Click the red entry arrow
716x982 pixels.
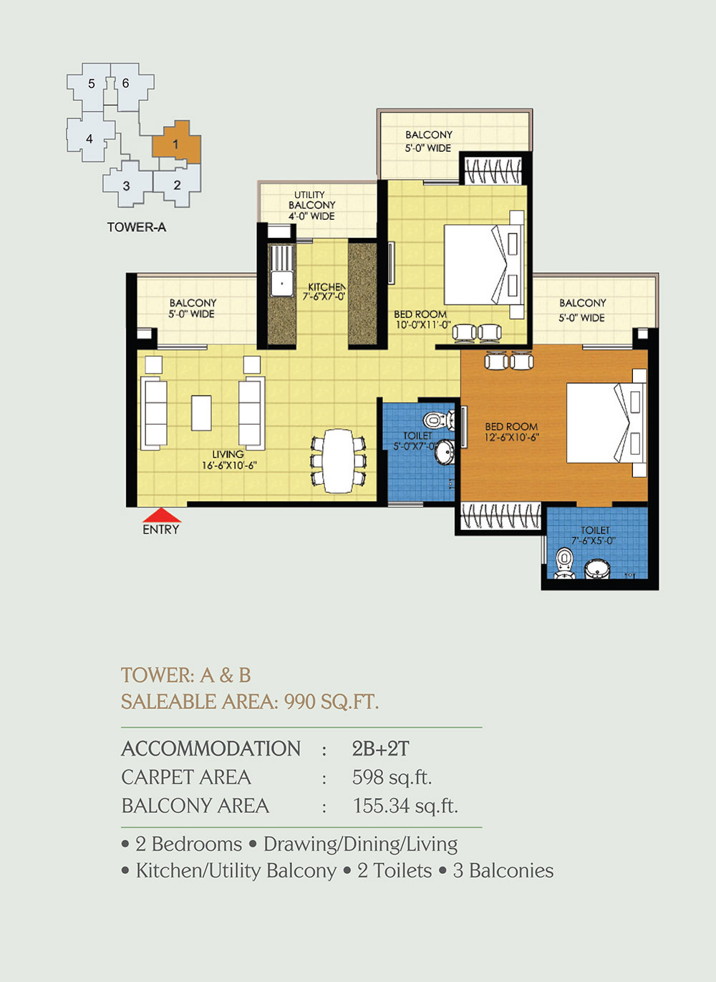coord(161,515)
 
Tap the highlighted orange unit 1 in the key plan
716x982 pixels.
coord(176,143)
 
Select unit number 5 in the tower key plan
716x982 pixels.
coord(91,83)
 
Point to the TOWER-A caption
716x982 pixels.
coord(137,227)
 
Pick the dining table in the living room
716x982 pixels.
coord(338,461)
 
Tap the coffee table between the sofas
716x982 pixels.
coord(201,413)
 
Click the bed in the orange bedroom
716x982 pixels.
coord(607,423)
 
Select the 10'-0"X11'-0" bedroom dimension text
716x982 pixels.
coord(423,325)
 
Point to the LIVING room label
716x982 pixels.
coord(228,454)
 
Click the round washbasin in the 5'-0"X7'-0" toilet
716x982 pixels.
coord(445,451)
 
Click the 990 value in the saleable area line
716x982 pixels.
coord(300,702)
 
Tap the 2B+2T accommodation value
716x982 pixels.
coord(380,748)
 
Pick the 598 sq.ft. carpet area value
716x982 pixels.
coord(392,777)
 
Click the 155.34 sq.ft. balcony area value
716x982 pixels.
coord(405,806)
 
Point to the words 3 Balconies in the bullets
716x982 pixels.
coord(503,871)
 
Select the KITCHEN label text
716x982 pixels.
coord(326,287)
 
